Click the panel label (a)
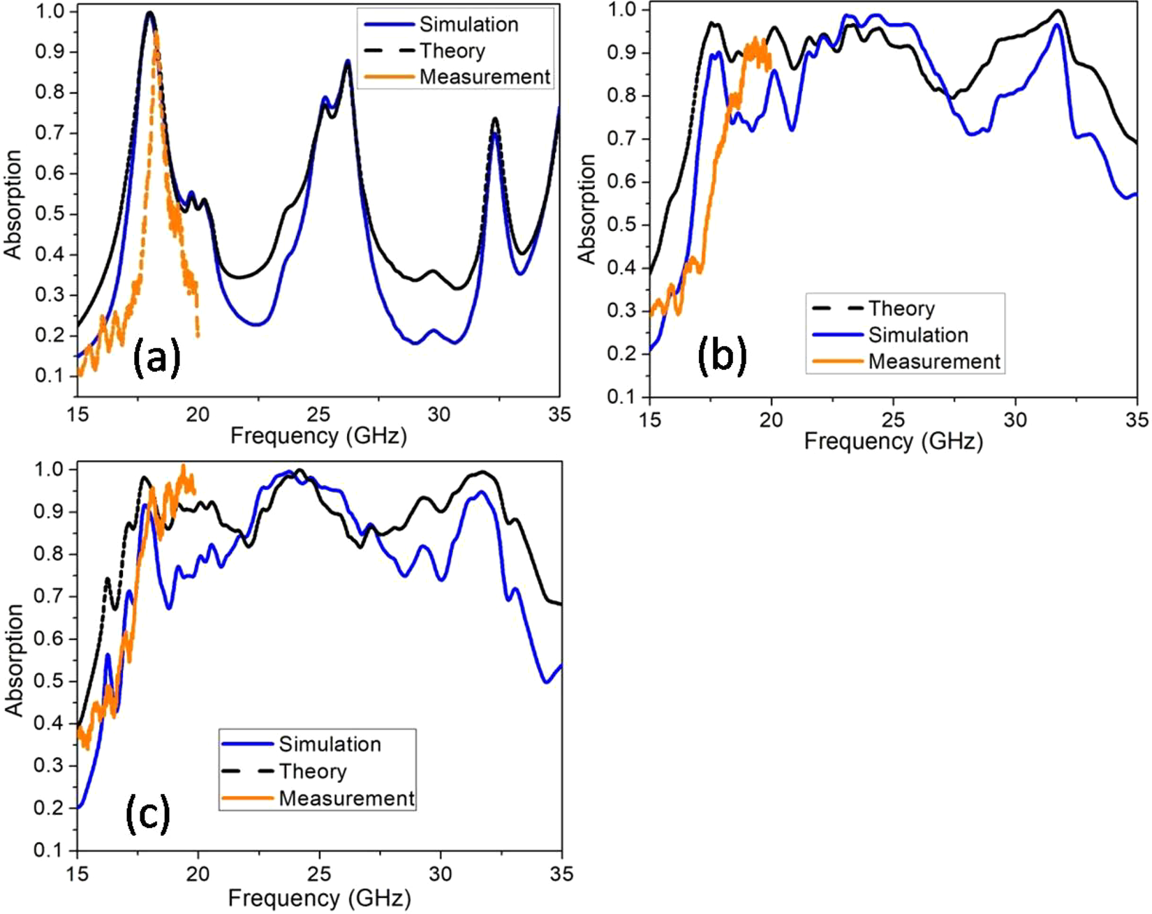click(x=156, y=357)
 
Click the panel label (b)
click(x=722, y=354)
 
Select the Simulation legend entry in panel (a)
click(x=468, y=24)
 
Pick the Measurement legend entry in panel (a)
click(x=485, y=77)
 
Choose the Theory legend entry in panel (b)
click(x=901, y=308)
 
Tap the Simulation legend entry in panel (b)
click(x=917, y=335)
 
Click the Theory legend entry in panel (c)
click(x=312, y=771)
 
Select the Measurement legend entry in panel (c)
click(x=346, y=798)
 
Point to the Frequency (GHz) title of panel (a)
click(x=318, y=436)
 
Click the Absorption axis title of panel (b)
click(x=588, y=209)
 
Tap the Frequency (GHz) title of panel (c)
click(x=319, y=897)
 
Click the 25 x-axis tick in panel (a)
click(x=319, y=414)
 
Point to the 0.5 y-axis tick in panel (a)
click(x=49, y=214)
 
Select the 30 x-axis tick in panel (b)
click(x=1015, y=419)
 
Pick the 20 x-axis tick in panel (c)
click(x=198, y=874)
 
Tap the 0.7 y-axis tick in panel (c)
click(x=49, y=597)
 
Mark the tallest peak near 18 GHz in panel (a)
click(x=149, y=13)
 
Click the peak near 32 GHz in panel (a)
click(x=495, y=119)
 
